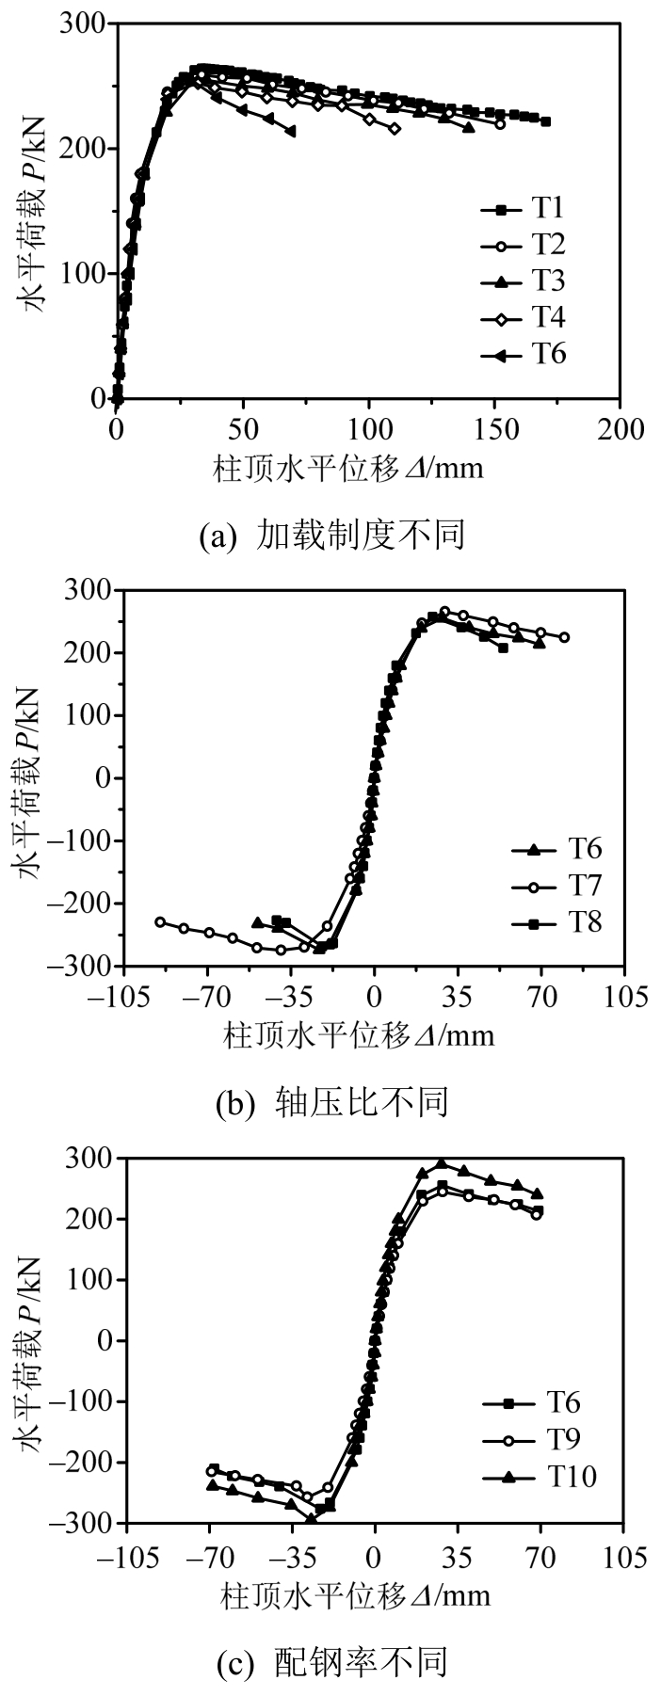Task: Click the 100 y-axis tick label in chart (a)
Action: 83,274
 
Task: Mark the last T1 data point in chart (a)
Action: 545,121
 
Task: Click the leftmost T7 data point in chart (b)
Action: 160,921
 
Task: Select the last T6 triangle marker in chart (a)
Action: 289,131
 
